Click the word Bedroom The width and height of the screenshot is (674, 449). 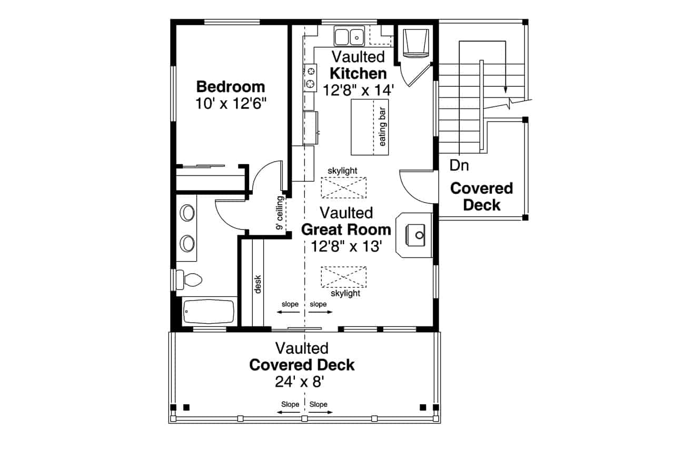click(x=230, y=86)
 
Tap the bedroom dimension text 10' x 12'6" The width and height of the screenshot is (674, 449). click(x=230, y=104)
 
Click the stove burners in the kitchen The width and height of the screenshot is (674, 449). click(x=311, y=77)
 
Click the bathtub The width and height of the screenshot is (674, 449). click(x=209, y=312)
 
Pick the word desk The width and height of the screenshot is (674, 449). click(x=258, y=284)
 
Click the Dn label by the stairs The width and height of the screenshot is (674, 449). click(x=459, y=166)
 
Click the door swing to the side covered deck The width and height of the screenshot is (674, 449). click(x=416, y=187)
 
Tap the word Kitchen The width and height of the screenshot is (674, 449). click(x=358, y=73)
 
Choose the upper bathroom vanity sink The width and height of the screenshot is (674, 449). click(x=187, y=213)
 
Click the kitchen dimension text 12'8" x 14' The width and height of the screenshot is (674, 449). click(x=358, y=90)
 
